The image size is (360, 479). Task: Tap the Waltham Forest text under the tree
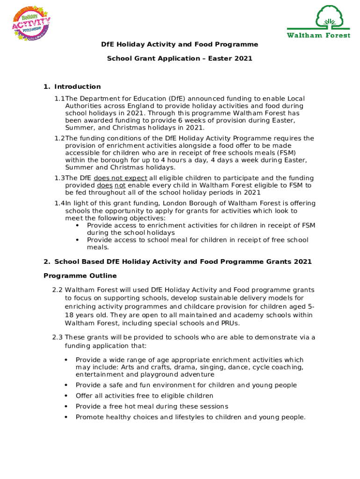click(318, 36)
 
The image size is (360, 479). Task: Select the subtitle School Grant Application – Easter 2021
click(180, 58)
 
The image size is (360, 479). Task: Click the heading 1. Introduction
click(72, 87)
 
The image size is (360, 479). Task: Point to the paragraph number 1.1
click(59, 99)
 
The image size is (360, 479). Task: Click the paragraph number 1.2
click(59, 138)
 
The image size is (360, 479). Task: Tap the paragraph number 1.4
click(59, 203)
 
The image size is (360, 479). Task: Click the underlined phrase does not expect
click(120, 178)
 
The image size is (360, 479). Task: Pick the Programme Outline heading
click(80, 276)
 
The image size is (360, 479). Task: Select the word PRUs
click(230, 323)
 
